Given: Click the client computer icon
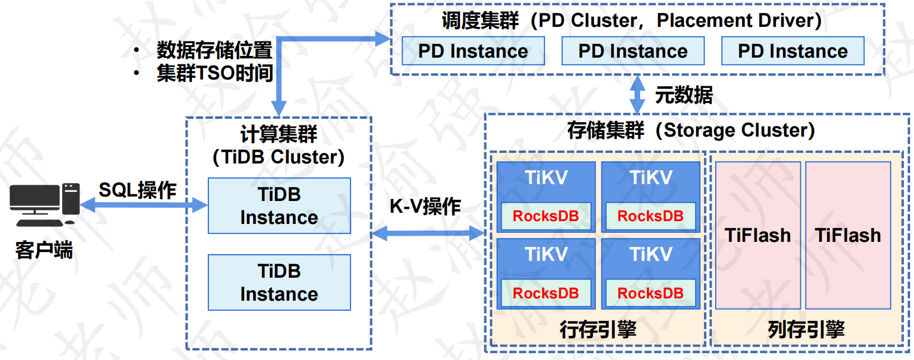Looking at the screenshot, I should pyautogui.click(x=44, y=204).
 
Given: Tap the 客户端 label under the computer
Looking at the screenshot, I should pyautogui.click(x=44, y=250).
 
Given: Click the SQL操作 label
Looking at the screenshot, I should pyautogui.click(x=138, y=190).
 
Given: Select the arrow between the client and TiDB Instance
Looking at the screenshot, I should pyautogui.click(x=144, y=205).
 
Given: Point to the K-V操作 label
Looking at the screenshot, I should pyautogui.click(x=425, y=207).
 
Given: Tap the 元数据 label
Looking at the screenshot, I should pyautogui.click(x=684, y=95).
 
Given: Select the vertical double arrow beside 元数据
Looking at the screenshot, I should pyautogui.click(x=637, y=95).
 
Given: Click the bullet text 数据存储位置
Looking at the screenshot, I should pyautogui.click(x=214, y=50).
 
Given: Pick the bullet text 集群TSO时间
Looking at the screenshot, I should pyautogui.click(x=214, y=73).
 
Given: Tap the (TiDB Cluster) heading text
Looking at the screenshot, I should pyautogui.click(x=278, y=157).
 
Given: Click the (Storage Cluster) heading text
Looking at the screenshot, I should pyautogui.click(x=735, y=130).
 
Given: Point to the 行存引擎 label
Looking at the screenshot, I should pyautogui.click(x=598, y=329).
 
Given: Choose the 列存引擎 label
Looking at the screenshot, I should pyautogui.click(x=806, y=329).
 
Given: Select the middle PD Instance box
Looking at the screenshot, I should pyautogui.click(x=633, y=51).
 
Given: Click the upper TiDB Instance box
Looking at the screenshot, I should pyautogui.click(x=279, y=205).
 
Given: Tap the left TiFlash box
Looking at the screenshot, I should pyautogui.click(x=758, y=235).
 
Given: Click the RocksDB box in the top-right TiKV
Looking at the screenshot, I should pyautogui.click(x=650, y=216).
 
